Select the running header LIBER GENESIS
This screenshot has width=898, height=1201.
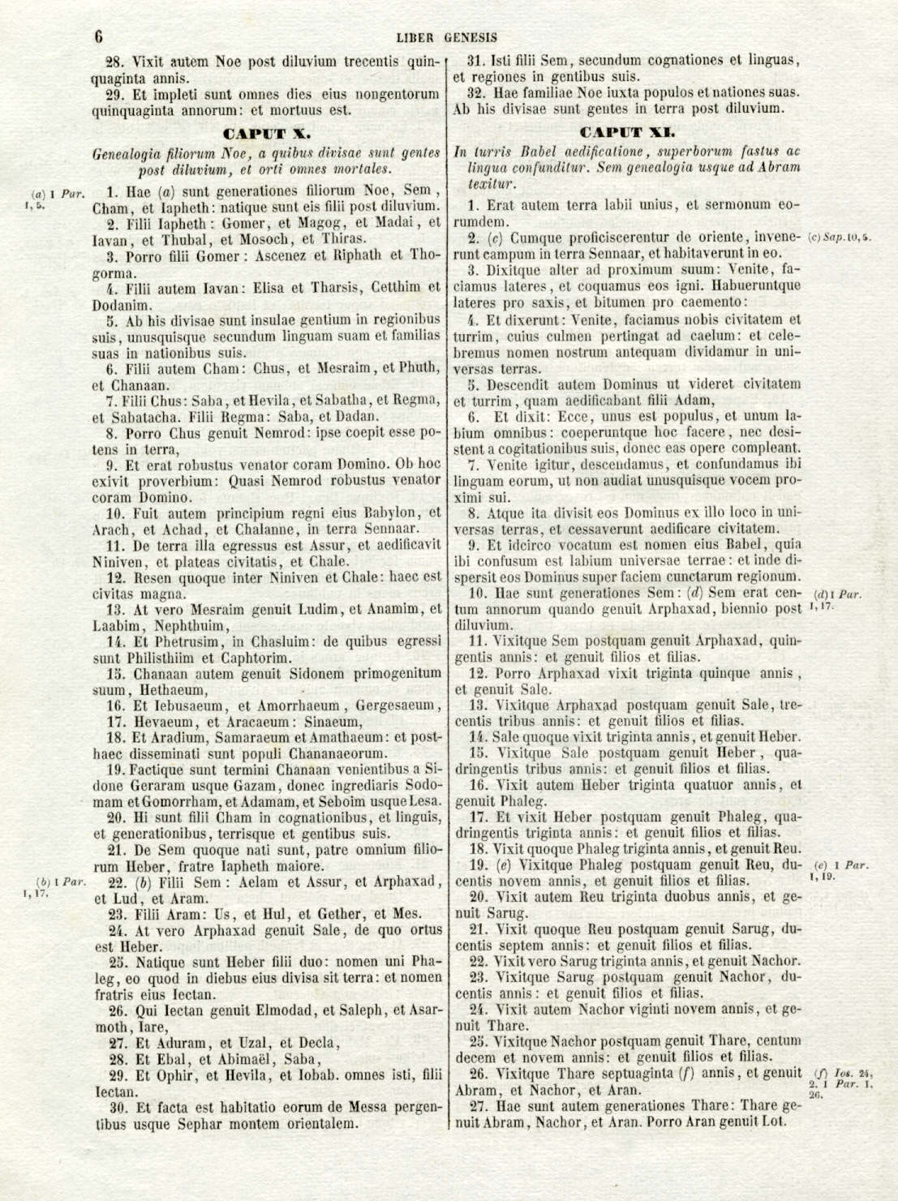click(x=447, y=36)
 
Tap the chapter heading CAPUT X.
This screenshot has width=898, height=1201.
click(x=267, y=131)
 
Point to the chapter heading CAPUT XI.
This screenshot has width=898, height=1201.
click(x=627, y=131)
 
